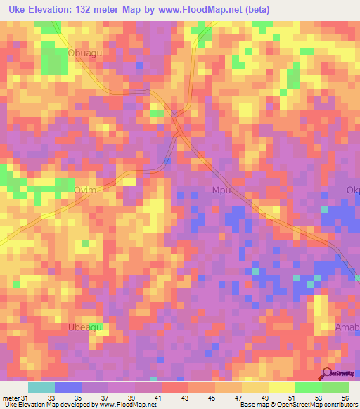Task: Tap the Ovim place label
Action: point(85,190)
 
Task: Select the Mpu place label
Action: point(221,190)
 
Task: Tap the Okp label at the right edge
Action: point(352,190)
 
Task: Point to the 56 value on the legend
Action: point(345,397)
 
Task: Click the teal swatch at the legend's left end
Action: point(41,387)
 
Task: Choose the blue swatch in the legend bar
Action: point(68,387)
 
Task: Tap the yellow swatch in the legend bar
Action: point(282,387)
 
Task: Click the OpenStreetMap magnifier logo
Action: point(328,373)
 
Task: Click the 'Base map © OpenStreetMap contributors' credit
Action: point(297,405)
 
